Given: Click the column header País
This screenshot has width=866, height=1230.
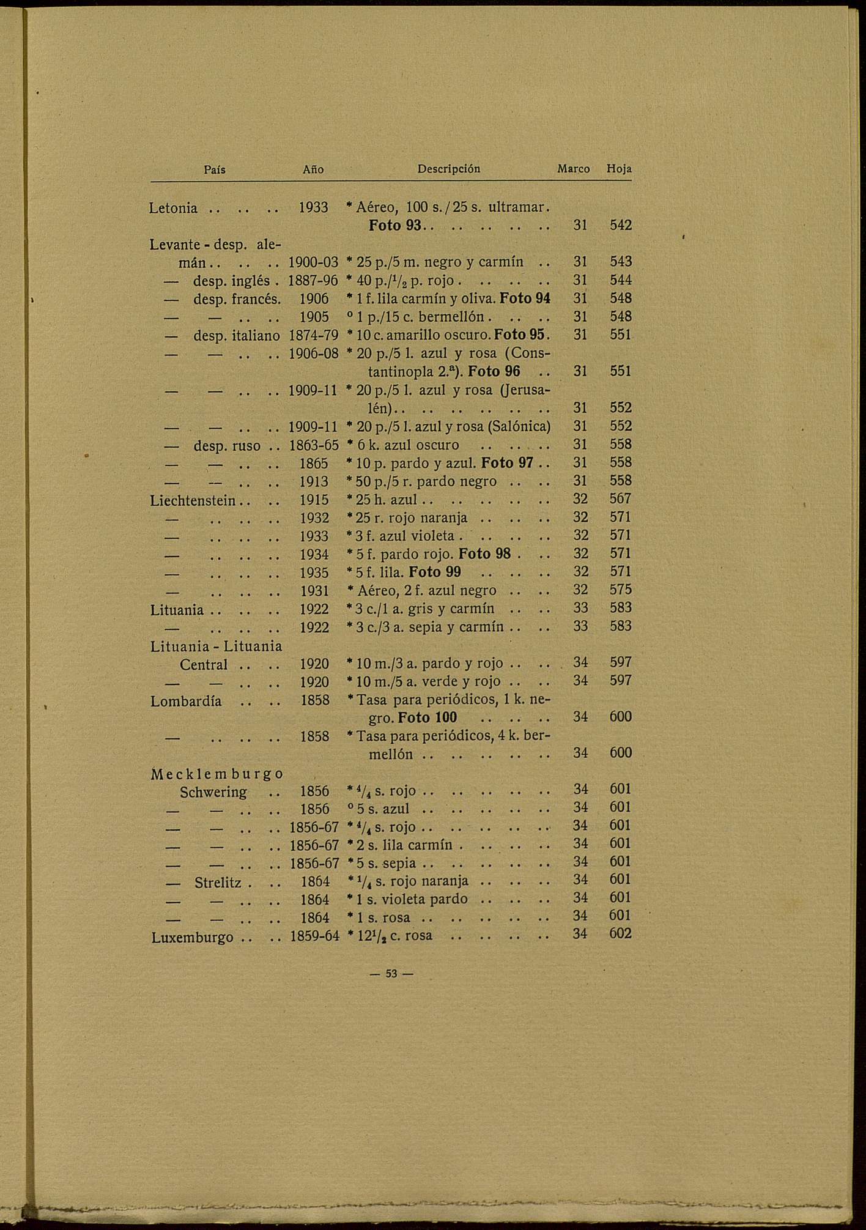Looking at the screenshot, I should click(214, 169).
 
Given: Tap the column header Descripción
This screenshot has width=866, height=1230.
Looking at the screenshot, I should click(448, 169).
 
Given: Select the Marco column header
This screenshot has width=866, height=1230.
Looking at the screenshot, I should click(573, 169).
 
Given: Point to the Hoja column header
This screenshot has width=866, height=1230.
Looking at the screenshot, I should click(619, 169).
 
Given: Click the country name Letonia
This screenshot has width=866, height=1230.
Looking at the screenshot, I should click(173, 209).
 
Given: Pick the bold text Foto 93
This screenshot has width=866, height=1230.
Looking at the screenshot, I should click(395, 226).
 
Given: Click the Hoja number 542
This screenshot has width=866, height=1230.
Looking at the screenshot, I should click(620, 226).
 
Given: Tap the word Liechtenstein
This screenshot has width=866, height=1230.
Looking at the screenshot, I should click(193, 500).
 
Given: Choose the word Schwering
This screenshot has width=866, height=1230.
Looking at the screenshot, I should click(213, 792).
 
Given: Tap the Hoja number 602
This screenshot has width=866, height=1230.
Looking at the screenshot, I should click(620, 934).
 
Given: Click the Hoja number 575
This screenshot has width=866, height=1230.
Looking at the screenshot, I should click(620, 590).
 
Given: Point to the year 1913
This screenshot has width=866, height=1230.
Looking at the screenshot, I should click(314, 482).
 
